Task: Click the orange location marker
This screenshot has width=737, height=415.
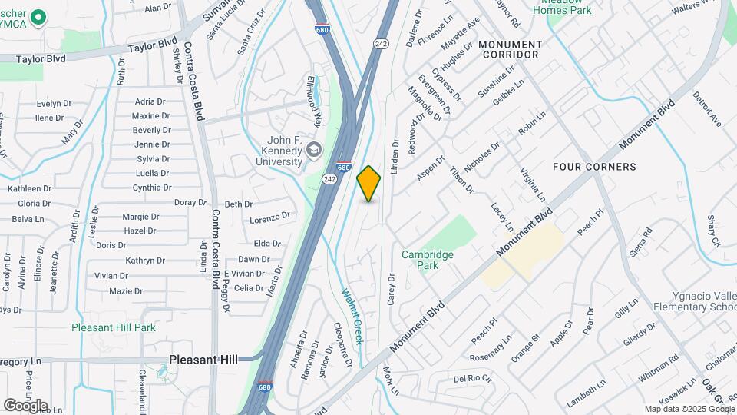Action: tap(368, 184)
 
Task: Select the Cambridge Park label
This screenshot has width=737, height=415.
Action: tap(428, 260)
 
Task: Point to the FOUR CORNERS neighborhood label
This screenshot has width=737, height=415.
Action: tap(595, 167)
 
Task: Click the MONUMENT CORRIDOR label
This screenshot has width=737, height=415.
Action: tap(510, 50)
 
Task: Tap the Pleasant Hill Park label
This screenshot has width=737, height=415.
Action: tap(114, 327)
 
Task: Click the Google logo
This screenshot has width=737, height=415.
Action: tap(25, 405)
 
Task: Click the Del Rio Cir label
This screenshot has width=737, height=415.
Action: tap(472, 378)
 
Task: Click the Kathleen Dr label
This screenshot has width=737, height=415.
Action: tap(29, 188)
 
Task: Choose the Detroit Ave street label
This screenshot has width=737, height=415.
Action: tap(707, 109)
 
